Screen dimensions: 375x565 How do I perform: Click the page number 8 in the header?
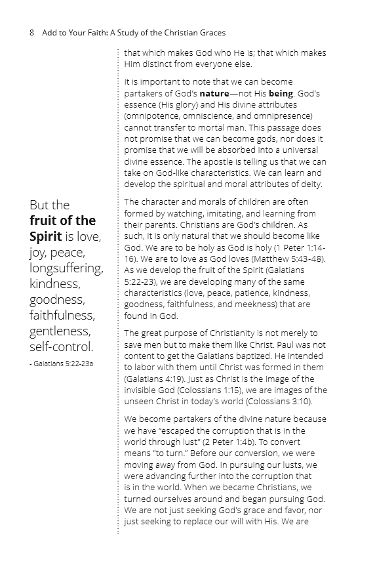[x=31, y=32]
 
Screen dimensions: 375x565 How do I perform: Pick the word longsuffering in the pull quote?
[x=66, y=268]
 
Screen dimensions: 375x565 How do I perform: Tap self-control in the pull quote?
[x=62, y=346]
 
